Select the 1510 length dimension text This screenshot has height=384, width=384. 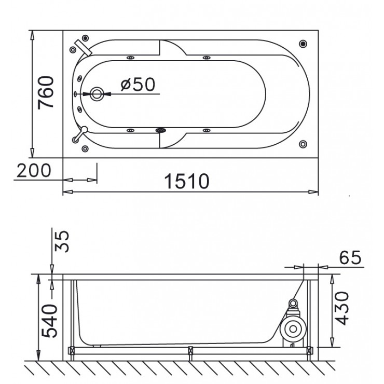point(187,181)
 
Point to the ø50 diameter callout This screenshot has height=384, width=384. point(138,84)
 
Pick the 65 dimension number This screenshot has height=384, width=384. point(350,257)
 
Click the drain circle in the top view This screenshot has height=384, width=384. point(97,94)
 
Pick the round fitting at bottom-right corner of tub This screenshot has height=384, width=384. point(303,144)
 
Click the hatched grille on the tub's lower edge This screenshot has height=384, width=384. point(161,130)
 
